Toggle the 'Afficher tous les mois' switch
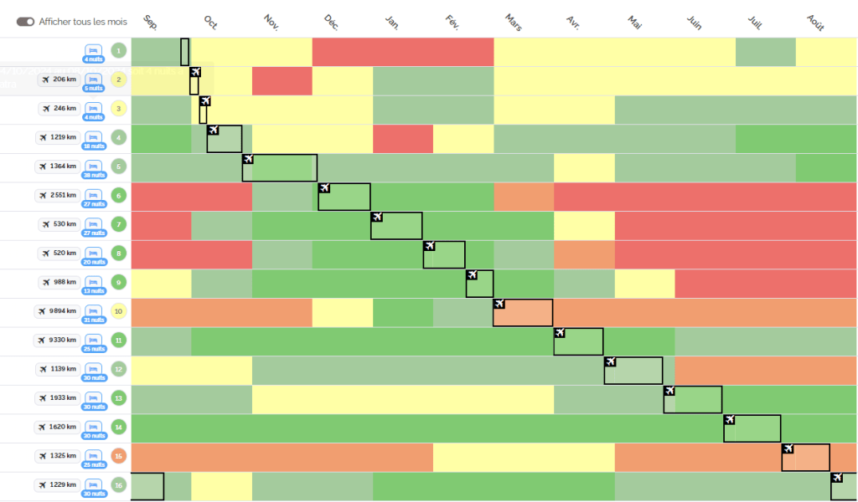25,21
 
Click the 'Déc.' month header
331,23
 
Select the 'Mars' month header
514,23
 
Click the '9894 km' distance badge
58,311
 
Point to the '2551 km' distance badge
58,196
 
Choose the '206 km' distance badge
59,79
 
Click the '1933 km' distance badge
58,398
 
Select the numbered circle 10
118,312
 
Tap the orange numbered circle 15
118,456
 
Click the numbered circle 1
118,51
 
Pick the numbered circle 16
118,485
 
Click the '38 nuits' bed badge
93,167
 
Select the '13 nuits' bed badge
93,283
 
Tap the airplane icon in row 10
499,304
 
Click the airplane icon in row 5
248,159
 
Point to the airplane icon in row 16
837,478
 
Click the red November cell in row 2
282,81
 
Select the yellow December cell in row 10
342,312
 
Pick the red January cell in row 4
402,139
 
